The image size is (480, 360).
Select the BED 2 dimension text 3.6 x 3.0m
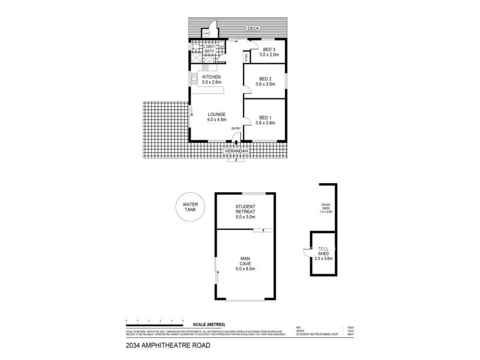(x=266, y=85)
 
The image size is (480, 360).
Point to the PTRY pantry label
(x=246, y=57)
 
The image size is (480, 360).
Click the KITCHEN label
(x=211, y=78)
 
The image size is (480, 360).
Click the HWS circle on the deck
(x=206, y=34)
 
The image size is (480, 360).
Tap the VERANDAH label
(x=236, y=151)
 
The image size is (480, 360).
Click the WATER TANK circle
(x=190, y=208)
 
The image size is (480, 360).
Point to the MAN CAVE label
(x=246, y=262)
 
